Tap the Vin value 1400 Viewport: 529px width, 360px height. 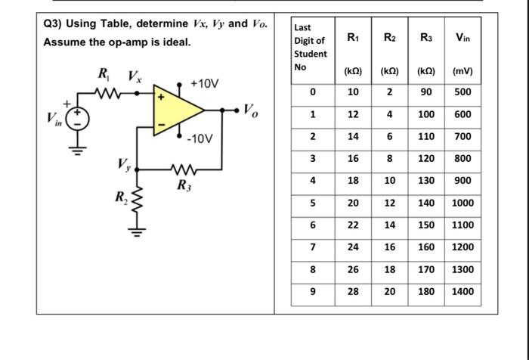(x=462, y=291)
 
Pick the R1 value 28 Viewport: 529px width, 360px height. (x=353, y=291)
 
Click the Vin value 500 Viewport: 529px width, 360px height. (x=462, y=92)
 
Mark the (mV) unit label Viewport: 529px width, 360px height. (x=462, y=73)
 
